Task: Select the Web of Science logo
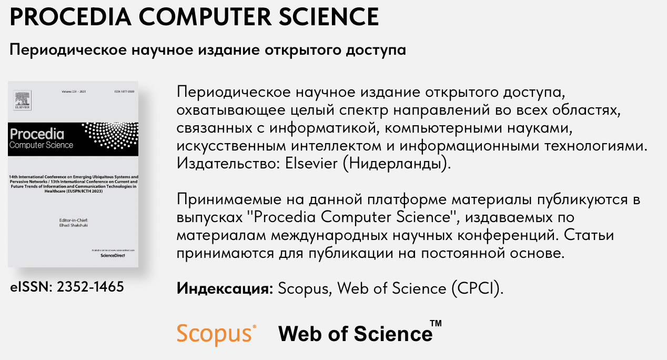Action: [x=355, y=334]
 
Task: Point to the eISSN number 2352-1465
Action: [x=90, y=287]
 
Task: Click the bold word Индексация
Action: [x=225, y=288]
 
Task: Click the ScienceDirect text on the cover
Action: [x=115, y=254]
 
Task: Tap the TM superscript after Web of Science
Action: [x=436, y=323]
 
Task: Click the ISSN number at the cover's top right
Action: [x=124, y=92]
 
